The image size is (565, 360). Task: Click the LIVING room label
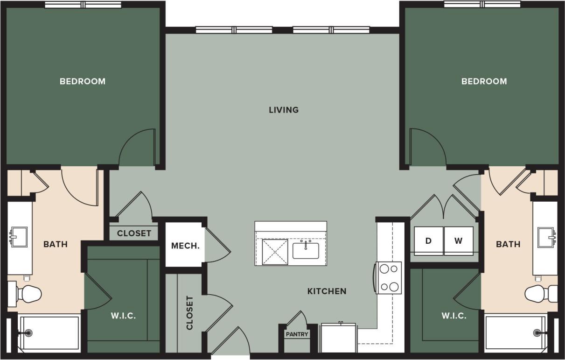(x=283, y=110)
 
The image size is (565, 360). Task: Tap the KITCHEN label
(x=327, y=291)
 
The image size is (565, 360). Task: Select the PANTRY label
(x=297, y=334)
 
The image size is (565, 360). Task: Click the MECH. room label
(x=185, y=246)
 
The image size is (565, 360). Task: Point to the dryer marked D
(x=428, y=241)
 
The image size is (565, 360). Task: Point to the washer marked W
(x=458, y=241)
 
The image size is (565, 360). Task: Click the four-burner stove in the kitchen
(x=389, y=277)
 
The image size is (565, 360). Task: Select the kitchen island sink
(x=306, y=250)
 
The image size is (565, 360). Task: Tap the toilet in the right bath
(x=539, y=294)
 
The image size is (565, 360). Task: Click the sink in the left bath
(x=19, y=237)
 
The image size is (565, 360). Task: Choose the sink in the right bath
(x=546, y=237)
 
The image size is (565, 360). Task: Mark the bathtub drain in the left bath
(x=28, y=333)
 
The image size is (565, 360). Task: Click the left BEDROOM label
(x=83, y=81)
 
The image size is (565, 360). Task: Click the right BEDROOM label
(x=484, y=81)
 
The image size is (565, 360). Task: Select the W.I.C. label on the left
(x=124, y=316)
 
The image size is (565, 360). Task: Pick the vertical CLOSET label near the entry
(x=189, y=313)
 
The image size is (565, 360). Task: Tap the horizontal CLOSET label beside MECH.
(x=134, y=233)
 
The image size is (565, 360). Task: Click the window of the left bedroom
(x=83, y=5)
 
